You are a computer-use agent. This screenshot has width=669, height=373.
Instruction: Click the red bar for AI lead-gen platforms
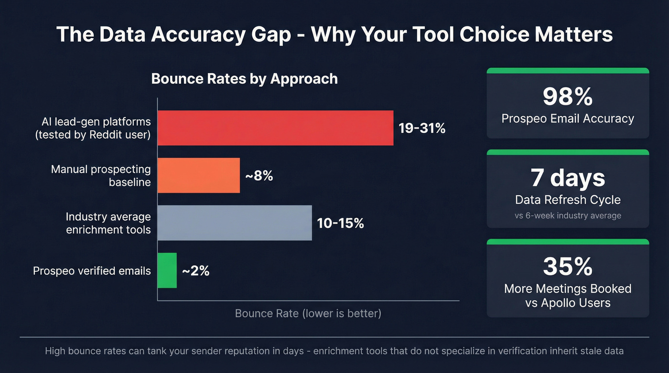tap(275, 128)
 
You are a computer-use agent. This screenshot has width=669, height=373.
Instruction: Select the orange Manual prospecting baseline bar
tap(198, 176)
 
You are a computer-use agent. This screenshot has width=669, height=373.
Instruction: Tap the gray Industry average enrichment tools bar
tap(235, 223)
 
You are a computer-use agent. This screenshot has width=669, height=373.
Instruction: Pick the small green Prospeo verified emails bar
tap(167, 271)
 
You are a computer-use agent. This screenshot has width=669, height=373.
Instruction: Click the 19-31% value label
tap(422, 128)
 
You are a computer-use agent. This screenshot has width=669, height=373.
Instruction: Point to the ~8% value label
tap(259, 176)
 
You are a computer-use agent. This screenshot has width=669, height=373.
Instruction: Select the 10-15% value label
tap(340, 223)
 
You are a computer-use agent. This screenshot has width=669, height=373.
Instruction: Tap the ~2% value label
tap(195, 271)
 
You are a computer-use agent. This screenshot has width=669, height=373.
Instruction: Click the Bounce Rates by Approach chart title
tap(244, 79)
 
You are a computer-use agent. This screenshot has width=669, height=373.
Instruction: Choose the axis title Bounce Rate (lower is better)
tap(308, 314)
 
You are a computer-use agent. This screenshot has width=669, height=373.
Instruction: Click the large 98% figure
tap(568, 96)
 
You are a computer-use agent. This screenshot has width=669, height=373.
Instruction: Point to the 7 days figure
tap(568, 178)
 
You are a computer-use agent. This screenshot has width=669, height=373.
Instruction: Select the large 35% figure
tap(568, 266)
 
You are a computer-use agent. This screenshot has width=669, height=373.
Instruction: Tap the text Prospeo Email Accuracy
tap(568, 119)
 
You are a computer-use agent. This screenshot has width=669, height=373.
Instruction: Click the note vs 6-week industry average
tap(568, 215)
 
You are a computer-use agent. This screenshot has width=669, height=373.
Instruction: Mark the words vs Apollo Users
tap(568, 303)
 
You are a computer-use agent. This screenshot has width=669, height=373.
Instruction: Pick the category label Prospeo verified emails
tap(92, 271)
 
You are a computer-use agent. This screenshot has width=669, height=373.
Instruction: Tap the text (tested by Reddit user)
tap(93, 135)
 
